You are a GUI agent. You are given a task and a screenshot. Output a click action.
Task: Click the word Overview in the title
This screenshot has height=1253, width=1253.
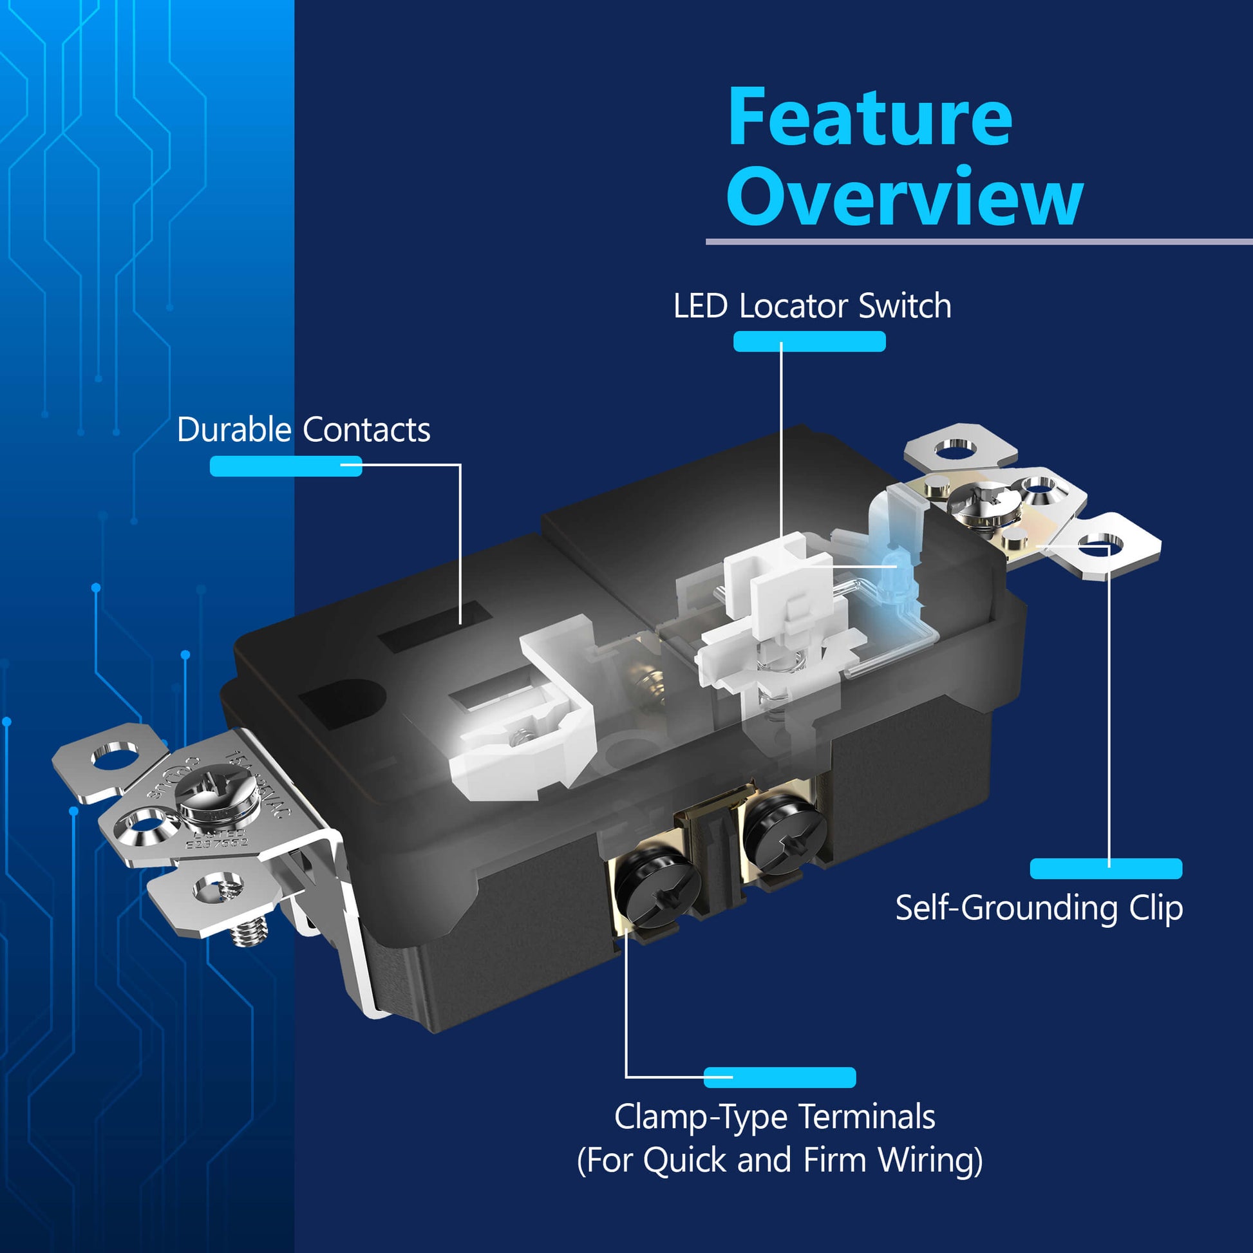pos(904,196)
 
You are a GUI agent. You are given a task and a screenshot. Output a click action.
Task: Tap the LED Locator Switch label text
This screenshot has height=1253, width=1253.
pos(812,306)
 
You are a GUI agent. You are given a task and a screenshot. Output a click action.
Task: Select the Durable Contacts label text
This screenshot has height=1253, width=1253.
pos(303,430)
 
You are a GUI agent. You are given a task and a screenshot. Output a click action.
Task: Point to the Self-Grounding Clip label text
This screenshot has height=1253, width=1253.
pos(1039,908)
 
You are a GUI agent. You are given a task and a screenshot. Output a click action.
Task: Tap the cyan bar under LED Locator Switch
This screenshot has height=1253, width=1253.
pos(809,341)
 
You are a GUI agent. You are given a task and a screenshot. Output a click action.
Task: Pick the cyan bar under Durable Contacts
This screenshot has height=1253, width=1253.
pos(285,466)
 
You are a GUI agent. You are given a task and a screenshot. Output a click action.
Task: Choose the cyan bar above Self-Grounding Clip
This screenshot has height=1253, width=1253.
pos(1106,869)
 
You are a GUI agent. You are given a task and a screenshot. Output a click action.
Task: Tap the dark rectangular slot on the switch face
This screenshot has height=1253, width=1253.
pos(435,626)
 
